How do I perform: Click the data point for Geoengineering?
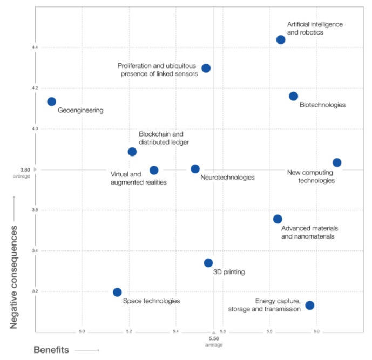tap(52, 101)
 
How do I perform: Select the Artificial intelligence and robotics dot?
tap(281, 39)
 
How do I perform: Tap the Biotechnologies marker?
tap(293, 96)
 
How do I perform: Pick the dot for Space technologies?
tap(117, 292)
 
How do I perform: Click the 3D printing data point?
tap(208, 263)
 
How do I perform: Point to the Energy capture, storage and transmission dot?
tap(309, 305)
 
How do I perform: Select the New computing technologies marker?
tap(337, 162)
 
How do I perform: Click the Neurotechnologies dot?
tap(195, 169)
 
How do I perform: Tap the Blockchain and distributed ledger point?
tap(132, 152)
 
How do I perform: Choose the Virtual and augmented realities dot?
tap(154, 170)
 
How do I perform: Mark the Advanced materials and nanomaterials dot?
tap(278, 219)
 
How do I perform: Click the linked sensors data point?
tap(206, 68)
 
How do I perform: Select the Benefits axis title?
tap(51, 350)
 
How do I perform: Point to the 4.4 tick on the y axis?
tap(19, 47)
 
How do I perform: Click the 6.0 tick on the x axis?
tap(316, 331)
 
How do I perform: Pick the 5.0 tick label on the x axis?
tap(82, 331)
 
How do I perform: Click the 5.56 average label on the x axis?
tap(214, 341)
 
